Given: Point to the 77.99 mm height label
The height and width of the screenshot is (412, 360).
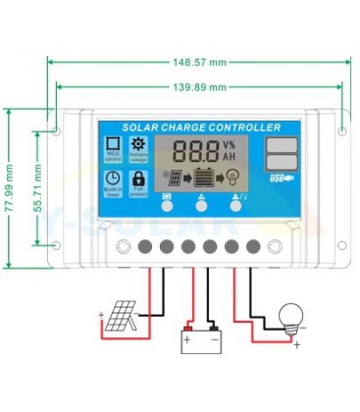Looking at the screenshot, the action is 10,182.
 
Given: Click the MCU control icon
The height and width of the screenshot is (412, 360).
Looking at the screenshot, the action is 114,147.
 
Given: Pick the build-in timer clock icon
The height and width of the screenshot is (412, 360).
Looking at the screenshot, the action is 114,180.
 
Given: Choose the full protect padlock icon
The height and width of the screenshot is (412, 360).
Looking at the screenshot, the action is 138,180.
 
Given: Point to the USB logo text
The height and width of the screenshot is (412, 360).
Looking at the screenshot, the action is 278,179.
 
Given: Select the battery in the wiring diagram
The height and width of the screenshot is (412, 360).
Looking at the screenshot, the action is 201,339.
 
